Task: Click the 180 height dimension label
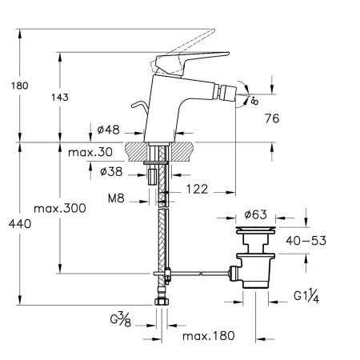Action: click(x=20, y=86)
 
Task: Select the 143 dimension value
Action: click(x=60, y=98)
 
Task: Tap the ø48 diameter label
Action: click(x=108, y=130)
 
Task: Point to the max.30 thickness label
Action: click(x=90, y=152)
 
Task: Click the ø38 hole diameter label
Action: click(x=111, y=171)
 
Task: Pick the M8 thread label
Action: click(x=116, y=198)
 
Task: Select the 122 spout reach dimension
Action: click(x=197, y=190)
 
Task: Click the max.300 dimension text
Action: click(x=60, y=208)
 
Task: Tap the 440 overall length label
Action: click(x=20, y=224)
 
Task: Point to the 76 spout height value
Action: click(x=272, y=118)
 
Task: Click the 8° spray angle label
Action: click(x=254, y=101)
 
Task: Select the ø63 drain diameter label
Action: click(x=255, y=214)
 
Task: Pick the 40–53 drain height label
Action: click(x=306, y=241)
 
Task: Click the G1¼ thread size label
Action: click(x=306, y=296)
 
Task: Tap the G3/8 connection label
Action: click(x=121, y=320)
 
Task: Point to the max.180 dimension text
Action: click(x=209, y=336)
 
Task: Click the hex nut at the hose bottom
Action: click(x=162, y=302)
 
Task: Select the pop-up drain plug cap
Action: click(x=255, y=230)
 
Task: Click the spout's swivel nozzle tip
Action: click(x=227, y=91)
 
